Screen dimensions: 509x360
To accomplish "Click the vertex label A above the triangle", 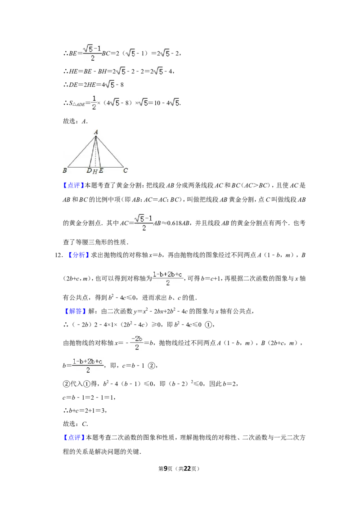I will [96, 131].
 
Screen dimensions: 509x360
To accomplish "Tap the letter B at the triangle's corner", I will [65, 170].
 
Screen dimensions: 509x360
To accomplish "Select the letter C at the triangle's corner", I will [126, 170].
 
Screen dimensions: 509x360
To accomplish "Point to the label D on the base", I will [90, 171].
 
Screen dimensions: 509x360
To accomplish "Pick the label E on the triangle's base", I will [101, 171].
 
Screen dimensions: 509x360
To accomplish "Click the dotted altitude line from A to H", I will [97, 153].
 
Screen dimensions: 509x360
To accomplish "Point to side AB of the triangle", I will [81, 151].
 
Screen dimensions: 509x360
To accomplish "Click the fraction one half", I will [94, 103].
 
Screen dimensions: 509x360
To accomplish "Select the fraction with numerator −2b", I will [136, 342].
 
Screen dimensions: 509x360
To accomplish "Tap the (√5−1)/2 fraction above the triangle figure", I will [93, 54].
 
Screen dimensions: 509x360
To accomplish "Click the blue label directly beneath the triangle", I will [73, 186].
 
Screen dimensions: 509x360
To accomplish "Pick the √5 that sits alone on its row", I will [109, 85].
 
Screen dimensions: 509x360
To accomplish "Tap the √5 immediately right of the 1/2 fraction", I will [115, 103].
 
